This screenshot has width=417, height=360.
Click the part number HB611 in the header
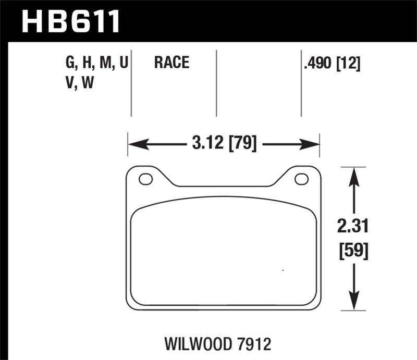(x=70, y=21)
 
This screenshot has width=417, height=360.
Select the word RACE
(x=171, y=64)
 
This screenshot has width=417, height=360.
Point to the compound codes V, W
(x=79, y=83)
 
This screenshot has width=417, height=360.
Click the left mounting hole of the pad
(x=145, y=179)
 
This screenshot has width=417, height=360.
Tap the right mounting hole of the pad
(x=301, y=179)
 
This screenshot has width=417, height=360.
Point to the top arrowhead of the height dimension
(x=354, y=173)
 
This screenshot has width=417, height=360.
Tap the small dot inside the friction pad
(x=283, y=270)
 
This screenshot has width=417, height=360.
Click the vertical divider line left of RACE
(x=131, y=83)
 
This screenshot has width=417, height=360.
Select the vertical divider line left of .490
(x=301, y=83)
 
